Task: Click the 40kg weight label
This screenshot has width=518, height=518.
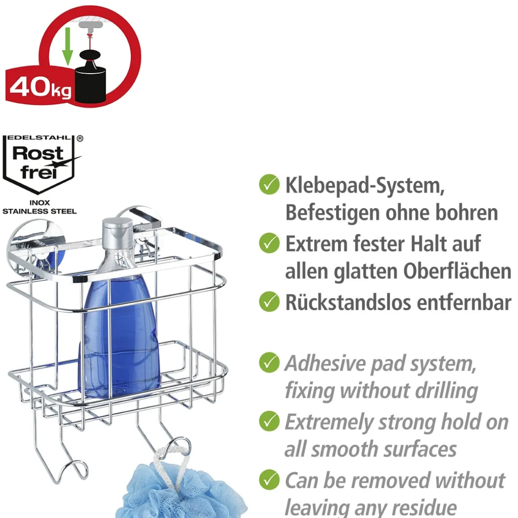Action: coord(40,86)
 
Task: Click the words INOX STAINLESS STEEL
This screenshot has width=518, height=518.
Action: coord(40,207)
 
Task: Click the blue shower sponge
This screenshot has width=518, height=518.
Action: coord(179,491)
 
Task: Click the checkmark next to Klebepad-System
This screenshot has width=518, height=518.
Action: coord(269,185)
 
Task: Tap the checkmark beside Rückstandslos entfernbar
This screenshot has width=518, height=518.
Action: coord(269,302)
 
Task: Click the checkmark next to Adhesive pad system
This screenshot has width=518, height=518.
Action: coord(269,363)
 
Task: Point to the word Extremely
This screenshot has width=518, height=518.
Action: coord(328,422)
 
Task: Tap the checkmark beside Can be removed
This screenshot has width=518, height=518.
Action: coord(269,480)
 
